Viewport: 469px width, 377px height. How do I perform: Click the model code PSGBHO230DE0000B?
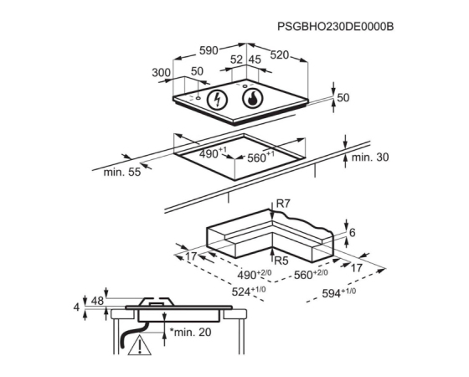335,27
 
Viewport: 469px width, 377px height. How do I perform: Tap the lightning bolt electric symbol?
218,100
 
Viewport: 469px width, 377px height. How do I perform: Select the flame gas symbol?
253,99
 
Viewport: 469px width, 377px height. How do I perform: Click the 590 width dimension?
209,50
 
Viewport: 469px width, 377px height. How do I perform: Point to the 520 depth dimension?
280,55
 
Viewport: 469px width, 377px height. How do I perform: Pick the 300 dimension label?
161,73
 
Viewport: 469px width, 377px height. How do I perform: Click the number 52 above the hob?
236,59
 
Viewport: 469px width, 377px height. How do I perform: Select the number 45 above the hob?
255,59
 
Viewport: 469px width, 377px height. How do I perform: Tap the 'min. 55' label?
122,172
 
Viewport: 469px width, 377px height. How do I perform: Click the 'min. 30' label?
370,158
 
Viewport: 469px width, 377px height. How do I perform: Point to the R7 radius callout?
283,204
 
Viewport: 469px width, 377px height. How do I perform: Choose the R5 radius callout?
281,261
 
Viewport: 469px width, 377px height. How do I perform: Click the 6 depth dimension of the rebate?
353,233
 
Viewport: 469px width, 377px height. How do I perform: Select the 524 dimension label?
249,292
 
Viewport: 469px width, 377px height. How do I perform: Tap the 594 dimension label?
339,292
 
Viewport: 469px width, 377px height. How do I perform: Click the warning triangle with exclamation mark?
140,345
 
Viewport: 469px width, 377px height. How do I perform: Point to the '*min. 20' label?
191,332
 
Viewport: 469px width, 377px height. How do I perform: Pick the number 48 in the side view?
97,301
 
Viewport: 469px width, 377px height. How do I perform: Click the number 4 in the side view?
76,307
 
